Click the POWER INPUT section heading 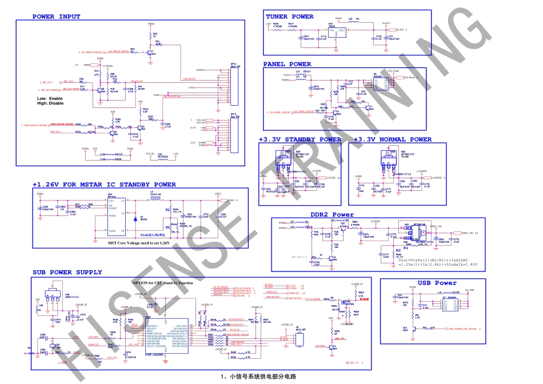(x=56, y=17)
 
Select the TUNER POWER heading (x=289, y=17)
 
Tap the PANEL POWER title (x=287, y=64)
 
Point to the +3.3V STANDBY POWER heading (x=300, y=139)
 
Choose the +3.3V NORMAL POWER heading (x=392, y=139)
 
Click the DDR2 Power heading (x=332, y=215)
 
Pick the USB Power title (x=437, y=283)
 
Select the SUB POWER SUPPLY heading (x=67, y=273)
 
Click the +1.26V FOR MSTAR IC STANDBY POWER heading (x=104, y=185)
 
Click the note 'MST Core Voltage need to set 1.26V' (x=139, y=243)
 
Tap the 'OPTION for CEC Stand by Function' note (x=162, y=282)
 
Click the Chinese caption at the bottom (x=258, y=377)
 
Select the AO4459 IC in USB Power (x=452, y=304)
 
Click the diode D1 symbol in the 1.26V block (x=134, y=218)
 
